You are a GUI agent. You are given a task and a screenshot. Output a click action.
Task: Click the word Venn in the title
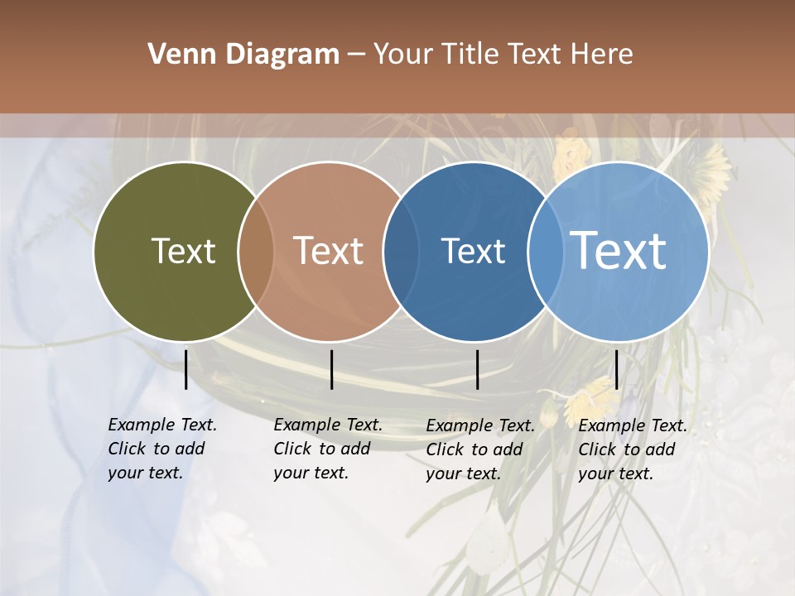coord(177,55)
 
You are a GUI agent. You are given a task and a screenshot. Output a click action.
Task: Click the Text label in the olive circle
coord(183,251)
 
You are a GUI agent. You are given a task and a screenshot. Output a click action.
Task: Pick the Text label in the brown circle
coord(329,251)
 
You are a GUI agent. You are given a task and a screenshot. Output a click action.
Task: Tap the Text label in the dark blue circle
coord(473,251)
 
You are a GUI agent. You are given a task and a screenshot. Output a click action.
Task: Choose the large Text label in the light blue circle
coord(619,250)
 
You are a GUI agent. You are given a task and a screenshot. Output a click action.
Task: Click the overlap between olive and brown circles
coord(256,252)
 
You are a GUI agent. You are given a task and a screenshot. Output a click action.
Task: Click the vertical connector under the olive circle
coord(186,369)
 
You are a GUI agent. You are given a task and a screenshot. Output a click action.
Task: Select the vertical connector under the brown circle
coord(331,369)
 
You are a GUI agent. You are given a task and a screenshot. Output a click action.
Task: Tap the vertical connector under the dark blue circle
coord(478,369)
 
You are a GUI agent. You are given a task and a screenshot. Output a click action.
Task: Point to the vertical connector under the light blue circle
coord(616,369)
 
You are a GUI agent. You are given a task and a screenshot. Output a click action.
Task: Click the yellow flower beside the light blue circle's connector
coord(589,397)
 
